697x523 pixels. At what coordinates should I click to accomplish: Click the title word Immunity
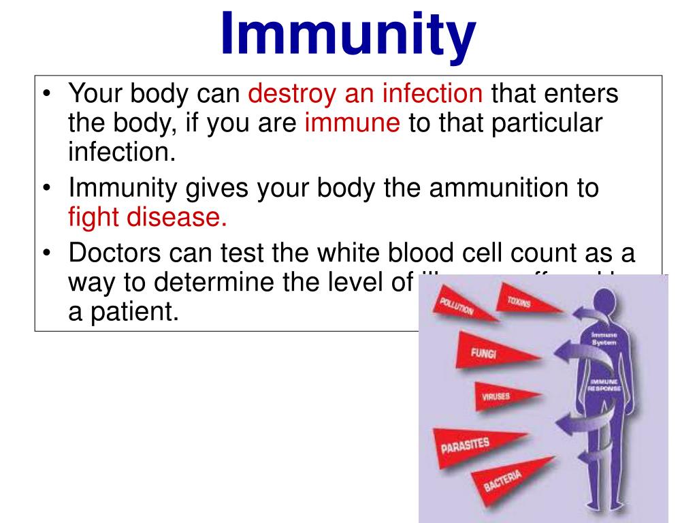point(348,34)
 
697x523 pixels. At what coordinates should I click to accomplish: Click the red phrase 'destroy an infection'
point(366,94)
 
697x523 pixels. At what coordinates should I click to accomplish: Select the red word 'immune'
point(352,123)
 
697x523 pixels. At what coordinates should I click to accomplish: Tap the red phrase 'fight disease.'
point(147,217)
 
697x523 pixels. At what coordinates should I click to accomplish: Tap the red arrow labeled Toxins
point(523,302)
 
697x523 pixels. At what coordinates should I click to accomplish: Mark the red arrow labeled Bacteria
point(507,479)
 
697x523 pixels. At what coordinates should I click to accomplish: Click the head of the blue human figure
point(605,301)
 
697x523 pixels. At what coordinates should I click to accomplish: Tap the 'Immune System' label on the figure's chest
point(604,338)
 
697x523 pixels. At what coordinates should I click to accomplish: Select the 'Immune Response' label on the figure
point(604,385)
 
